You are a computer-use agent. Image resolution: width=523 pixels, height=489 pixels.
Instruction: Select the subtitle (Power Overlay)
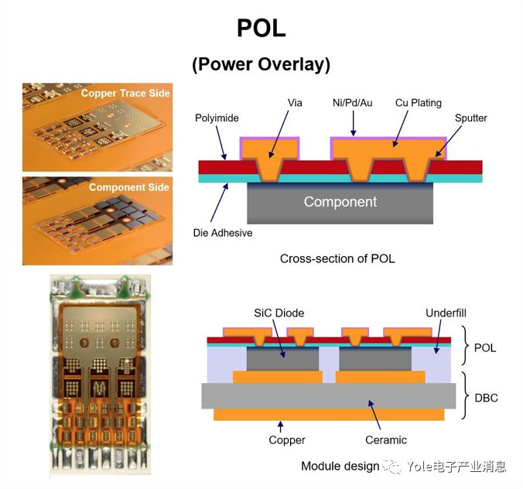(261, 64)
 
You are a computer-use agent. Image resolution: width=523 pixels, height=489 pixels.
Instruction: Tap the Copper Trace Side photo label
(125, 94)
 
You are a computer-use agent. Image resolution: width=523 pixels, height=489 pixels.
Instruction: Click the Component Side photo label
(129, 187)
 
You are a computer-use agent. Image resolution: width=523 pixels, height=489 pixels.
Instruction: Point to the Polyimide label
(216, 118)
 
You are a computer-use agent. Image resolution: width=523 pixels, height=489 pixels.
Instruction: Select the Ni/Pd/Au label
(352, 102)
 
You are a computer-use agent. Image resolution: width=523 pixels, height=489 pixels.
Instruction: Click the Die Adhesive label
(223, 232)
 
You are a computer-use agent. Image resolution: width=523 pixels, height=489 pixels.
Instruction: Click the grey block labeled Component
(340, 203)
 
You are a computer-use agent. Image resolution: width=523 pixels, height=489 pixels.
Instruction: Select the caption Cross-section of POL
(337, 258)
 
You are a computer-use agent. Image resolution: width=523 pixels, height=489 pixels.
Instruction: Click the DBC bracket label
(486, 398)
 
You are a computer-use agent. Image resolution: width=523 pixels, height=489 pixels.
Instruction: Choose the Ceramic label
(386, 440)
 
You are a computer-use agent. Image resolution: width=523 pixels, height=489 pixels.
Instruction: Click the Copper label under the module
(287, 440)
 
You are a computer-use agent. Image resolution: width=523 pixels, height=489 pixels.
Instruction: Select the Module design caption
(340, 466)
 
